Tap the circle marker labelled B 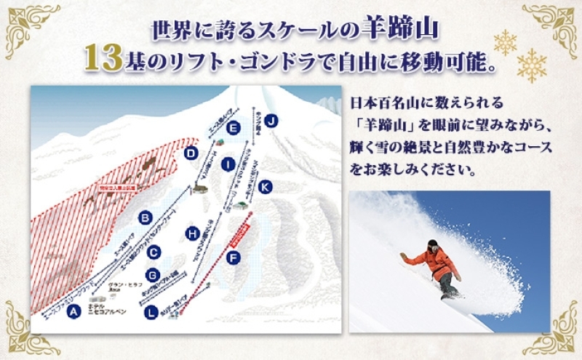point(145,216)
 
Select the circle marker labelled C point(154,252)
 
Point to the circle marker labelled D point(191,153)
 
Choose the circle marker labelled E point(233,128)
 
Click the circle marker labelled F point(234,257)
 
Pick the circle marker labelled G point(152,275)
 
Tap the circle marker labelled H point(193,233)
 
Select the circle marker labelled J point(271,121)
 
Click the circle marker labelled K point(265,187)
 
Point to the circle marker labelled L point(151,313)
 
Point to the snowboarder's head point(433,244)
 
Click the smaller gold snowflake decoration point(505,42)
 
